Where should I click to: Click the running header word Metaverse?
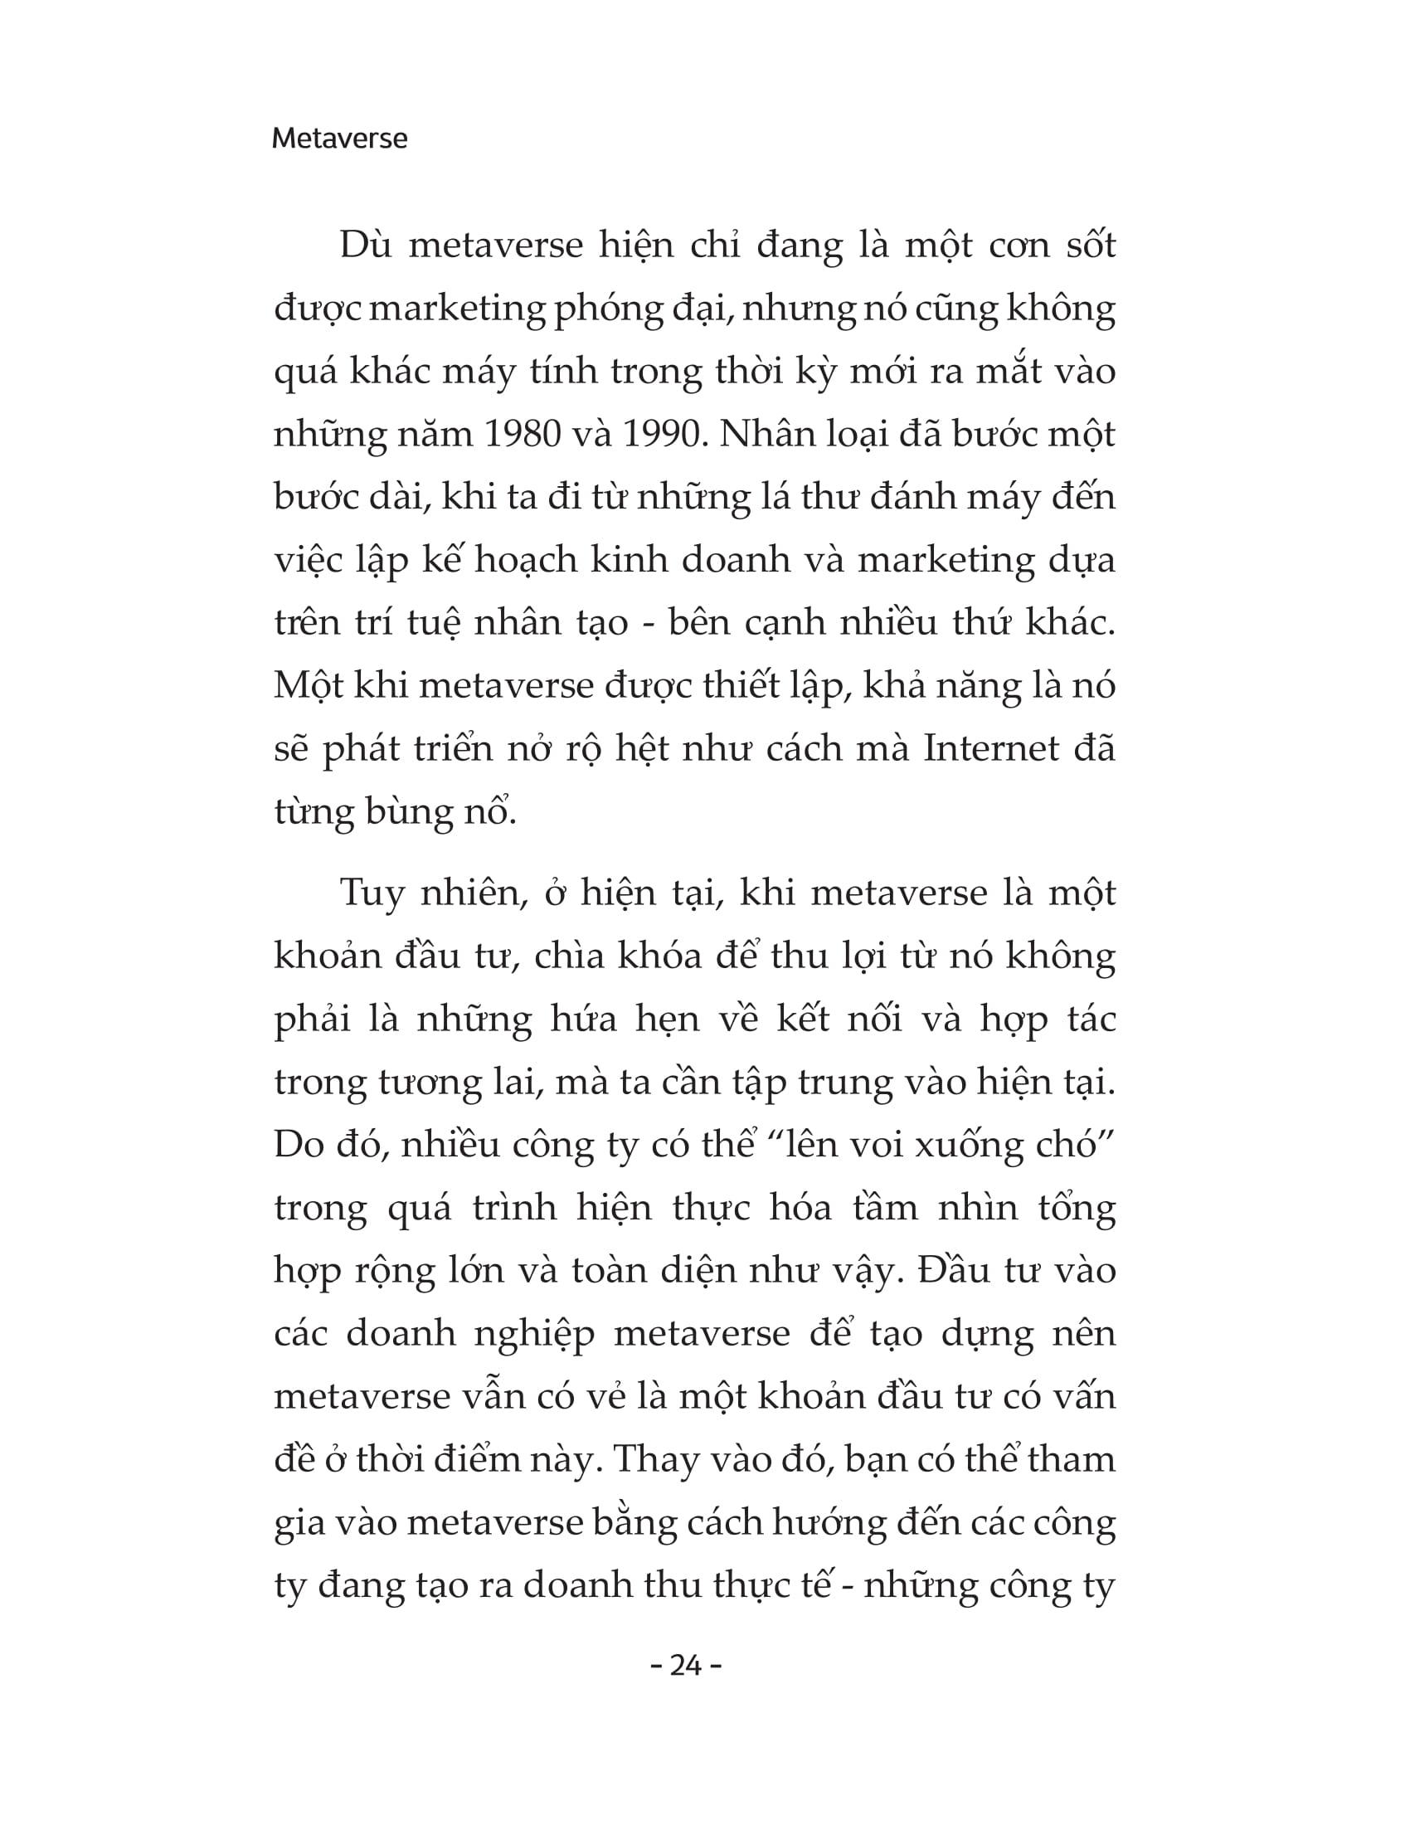coord(339,139)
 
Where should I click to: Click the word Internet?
coord(991,749)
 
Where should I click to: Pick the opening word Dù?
coord(365,246)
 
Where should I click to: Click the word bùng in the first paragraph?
coord(406,811)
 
